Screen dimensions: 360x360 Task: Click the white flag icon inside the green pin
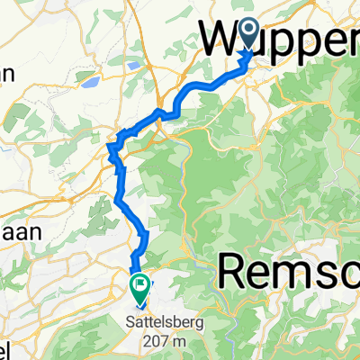pyautogui.click(x=140, y=286)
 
